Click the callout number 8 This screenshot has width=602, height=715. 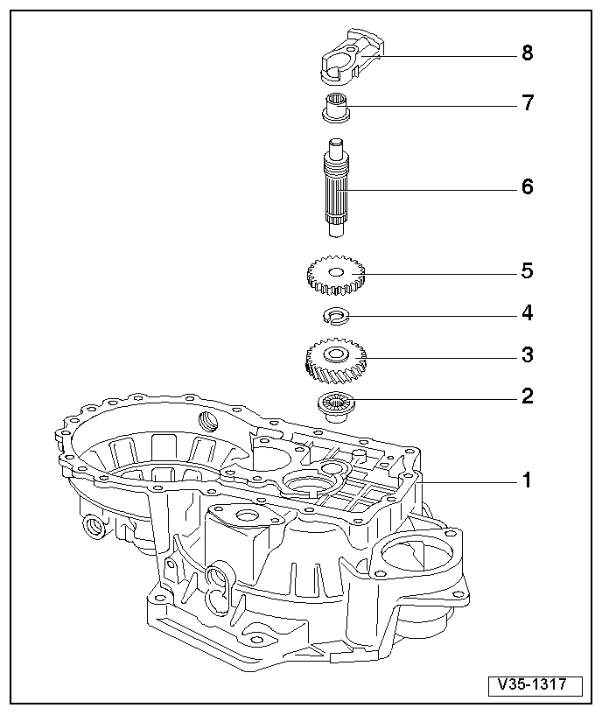pos(527,53)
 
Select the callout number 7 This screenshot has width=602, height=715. pos(527,103)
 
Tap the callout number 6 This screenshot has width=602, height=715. pos(527,187)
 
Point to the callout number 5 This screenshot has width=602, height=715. pos(527,271)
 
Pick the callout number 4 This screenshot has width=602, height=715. pos(527,313)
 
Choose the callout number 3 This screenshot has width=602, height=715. pos(527,355)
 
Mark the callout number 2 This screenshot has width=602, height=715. pos(527,396)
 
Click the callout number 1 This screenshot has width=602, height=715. pos(527,480)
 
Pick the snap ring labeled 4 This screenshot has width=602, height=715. pos(336,315)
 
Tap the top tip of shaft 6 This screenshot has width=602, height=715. pos(337,143)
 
